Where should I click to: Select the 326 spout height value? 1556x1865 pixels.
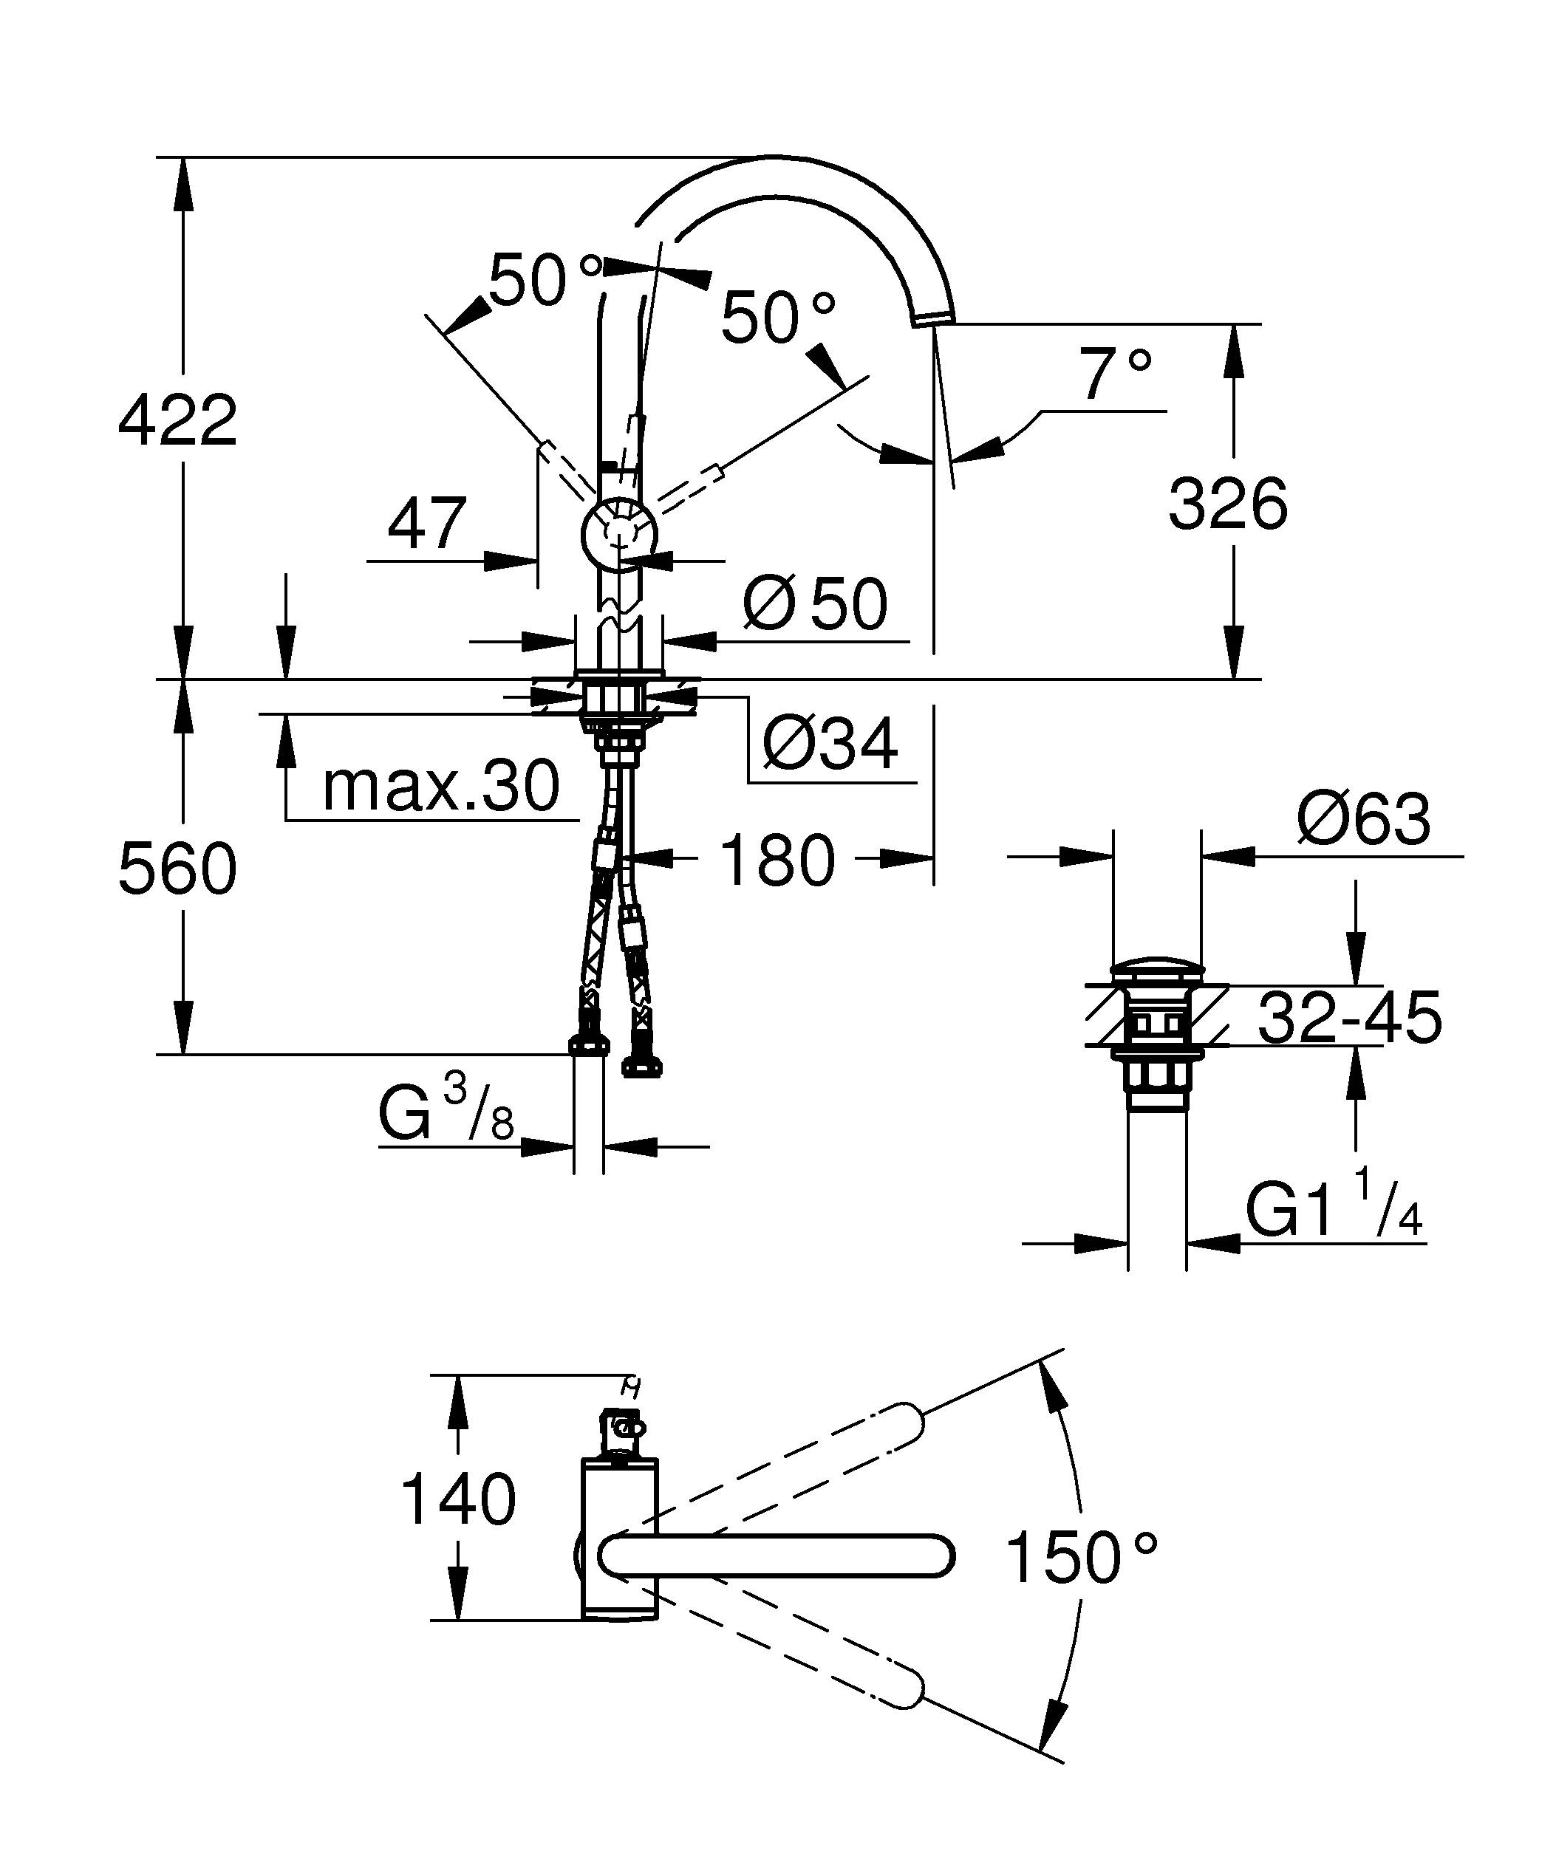(x=1227, y=504)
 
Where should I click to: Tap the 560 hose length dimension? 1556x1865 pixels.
(x=177, y=869)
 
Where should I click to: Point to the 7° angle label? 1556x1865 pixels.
(x=1116, y=376)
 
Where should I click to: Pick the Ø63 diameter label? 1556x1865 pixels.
(x=1363, y=819)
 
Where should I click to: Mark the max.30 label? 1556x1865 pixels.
(x=440, y=786)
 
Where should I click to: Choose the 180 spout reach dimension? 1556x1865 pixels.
(x=777, y=860)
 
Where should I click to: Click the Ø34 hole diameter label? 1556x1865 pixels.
(x=830, y=743)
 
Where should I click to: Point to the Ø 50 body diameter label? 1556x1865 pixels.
(x=814, y=604)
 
